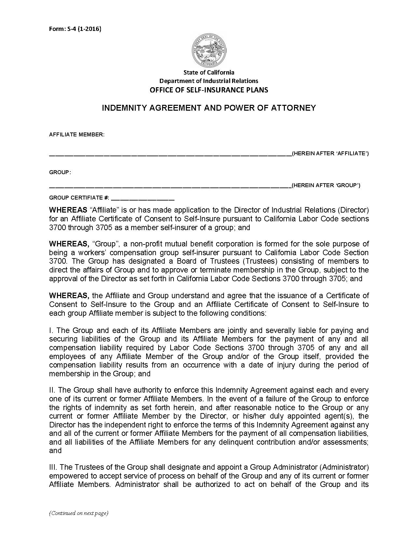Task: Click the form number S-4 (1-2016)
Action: [75, 29]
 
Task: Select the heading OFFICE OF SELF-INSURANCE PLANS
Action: [209, 90]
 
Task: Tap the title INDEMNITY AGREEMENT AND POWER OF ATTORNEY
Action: [209, 108]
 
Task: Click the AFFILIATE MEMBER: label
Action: [77, 134]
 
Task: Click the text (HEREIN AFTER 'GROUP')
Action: [326, 186]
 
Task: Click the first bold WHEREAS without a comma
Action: [68, 210]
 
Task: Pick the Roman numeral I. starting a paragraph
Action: [51, 330]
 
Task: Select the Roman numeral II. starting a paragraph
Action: [53, 390]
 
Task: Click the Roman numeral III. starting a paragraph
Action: [54, 467]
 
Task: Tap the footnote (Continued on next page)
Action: [78, 513]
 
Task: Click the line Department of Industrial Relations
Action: [209, 81]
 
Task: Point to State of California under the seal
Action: [209, 72]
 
